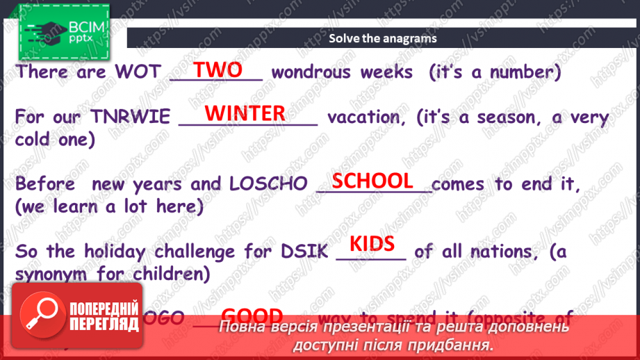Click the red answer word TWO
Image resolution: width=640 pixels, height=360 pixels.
coord(218,70)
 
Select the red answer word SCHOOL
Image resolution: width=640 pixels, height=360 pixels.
coord(372,181)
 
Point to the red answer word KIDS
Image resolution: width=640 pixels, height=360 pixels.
coord(372,244)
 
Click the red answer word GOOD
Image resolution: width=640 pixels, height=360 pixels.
coord(251,316)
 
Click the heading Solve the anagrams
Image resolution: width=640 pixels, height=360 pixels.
coord(383,38)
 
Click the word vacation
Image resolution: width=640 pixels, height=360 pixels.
coord(366,117)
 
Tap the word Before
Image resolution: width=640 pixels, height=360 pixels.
coord(47,184)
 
